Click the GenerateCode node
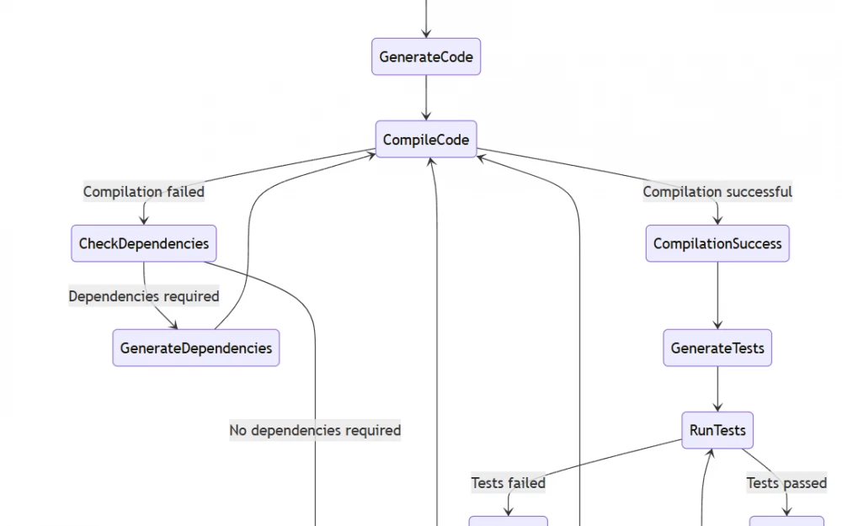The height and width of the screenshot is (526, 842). (426, 57)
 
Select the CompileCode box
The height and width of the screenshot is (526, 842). (426, 140)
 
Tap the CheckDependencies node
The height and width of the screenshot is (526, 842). (143, 244)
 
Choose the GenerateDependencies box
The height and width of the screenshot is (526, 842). (195, 348)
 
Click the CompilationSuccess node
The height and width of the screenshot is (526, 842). (717, 244)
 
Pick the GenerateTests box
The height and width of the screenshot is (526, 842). (717, 348)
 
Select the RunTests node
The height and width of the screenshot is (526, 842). (717, 430)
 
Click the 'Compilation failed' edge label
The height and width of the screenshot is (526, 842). (143, 192)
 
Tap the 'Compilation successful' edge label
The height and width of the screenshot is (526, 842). (717, 192)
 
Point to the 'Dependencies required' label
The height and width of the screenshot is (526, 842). (143, 296)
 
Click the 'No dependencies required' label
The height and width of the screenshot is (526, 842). (315, 430)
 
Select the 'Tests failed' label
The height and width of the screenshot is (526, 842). (508, 483)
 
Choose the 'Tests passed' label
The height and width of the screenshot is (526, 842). (786, 483)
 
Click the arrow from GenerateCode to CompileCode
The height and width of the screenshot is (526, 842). (426, 98)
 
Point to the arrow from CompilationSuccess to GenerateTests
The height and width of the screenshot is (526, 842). (717, 295)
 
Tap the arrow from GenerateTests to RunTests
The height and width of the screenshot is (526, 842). (717, 389)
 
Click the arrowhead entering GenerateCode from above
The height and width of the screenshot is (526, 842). (426, 33)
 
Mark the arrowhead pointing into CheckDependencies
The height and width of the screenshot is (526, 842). (143, 220)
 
